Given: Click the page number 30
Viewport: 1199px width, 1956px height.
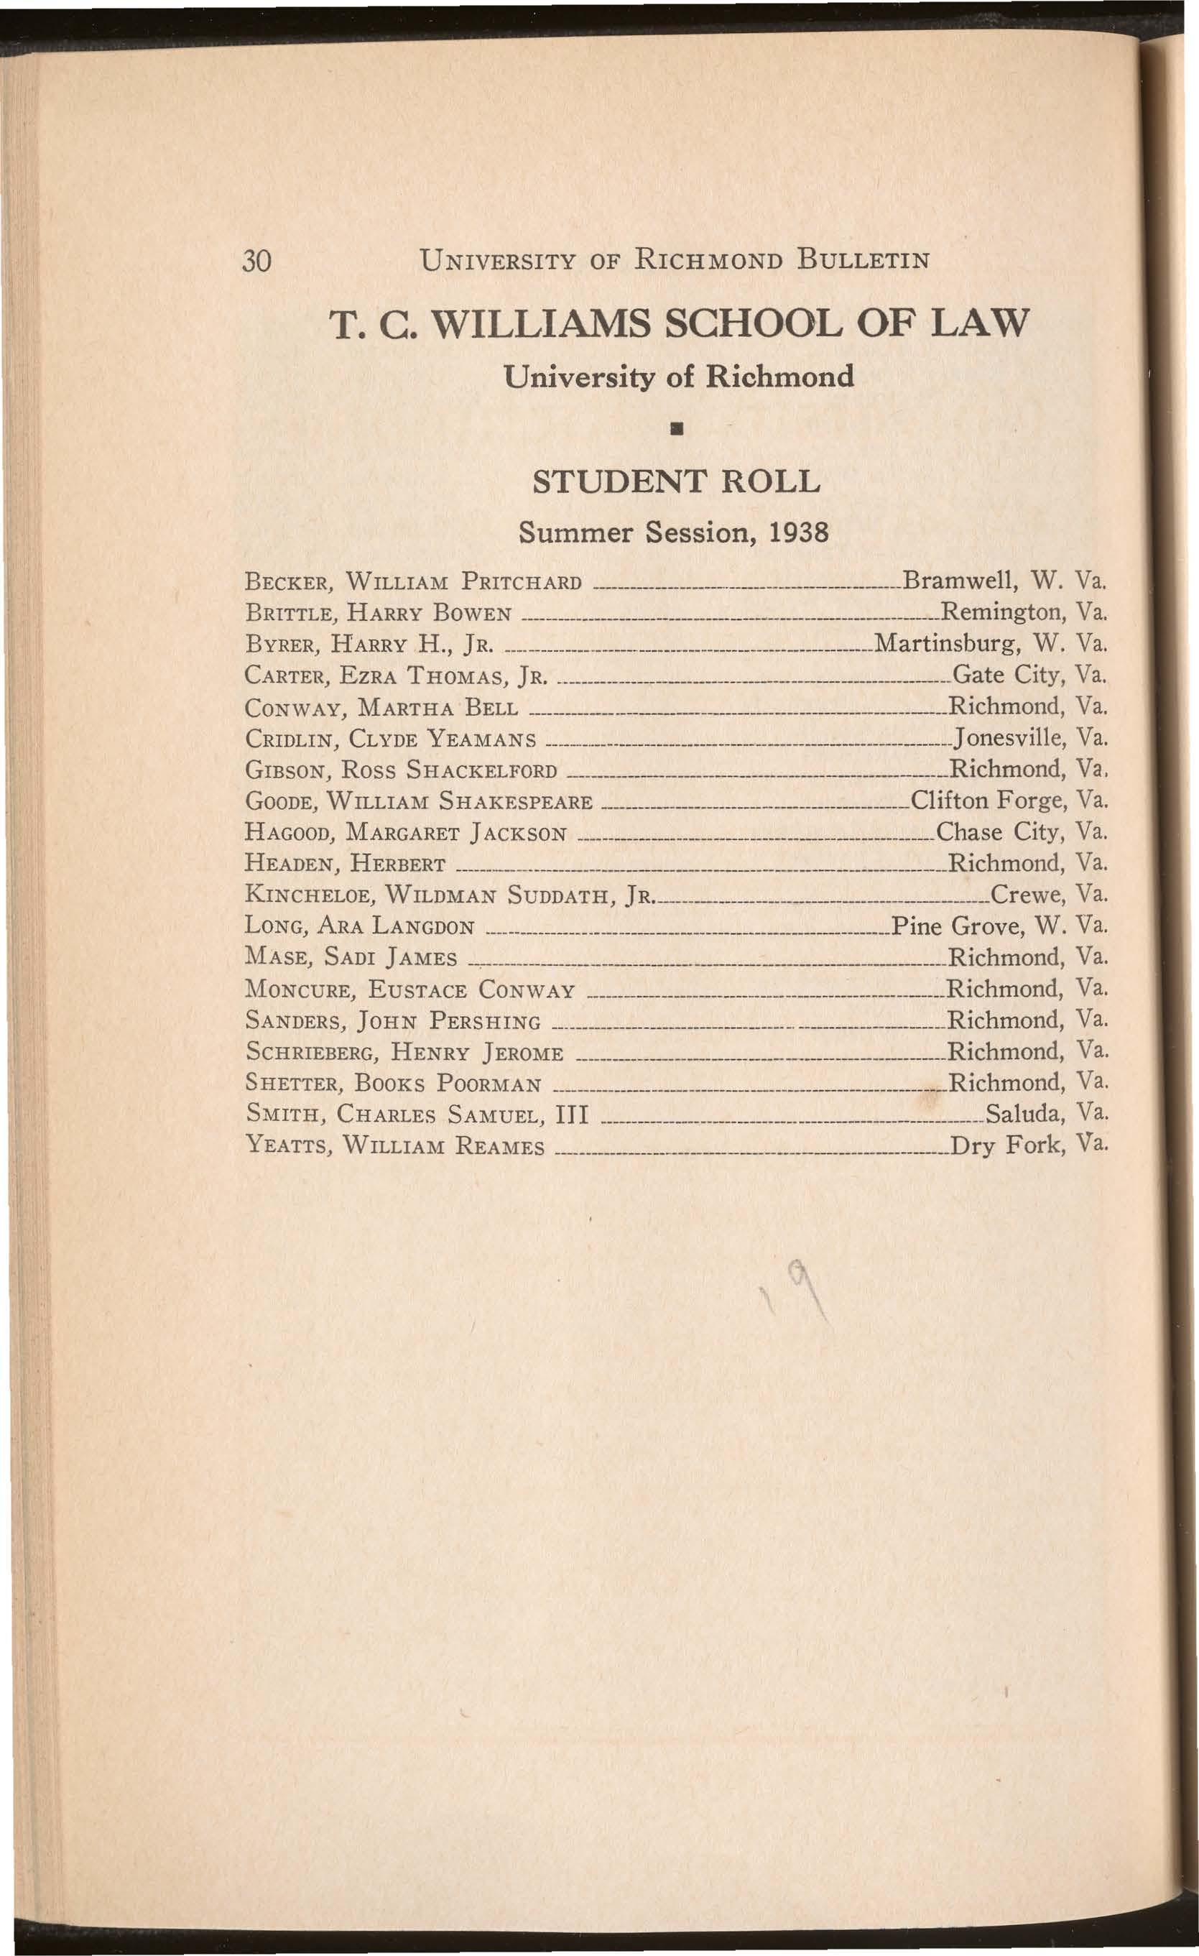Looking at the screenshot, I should pyautogui.click(x=258, y=260).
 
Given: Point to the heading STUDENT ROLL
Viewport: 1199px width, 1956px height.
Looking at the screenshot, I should pyautogui.click(x=675, y=482).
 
